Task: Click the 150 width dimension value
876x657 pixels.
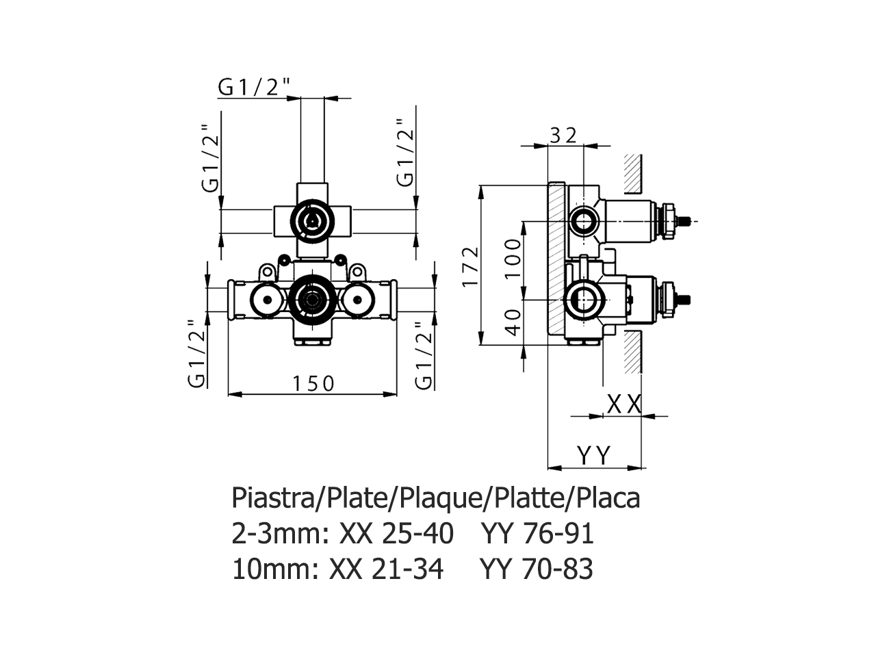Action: point(314,383)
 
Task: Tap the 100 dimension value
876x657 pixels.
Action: point(515,257)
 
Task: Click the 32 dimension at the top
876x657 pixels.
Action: point(564,135)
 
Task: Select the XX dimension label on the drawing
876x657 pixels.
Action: point(624,404)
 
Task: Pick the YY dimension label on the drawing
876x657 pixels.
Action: point(593,455)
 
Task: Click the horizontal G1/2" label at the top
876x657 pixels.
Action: point(255,88)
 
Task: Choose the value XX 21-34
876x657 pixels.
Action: point(386,569)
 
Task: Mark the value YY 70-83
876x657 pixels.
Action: point(537,569)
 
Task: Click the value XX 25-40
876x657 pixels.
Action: point(396,533)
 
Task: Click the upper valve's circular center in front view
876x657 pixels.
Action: point(312,220)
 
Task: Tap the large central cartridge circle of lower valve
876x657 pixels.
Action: point(312,299)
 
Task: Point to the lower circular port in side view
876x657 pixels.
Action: point(584,299)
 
